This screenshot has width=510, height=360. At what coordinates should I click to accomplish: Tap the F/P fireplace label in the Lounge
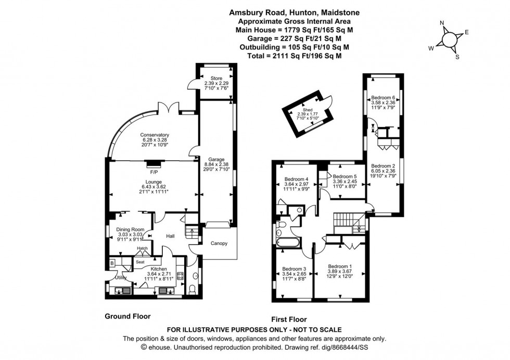click(154, 172)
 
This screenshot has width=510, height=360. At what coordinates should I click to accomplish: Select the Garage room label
click(216, 159)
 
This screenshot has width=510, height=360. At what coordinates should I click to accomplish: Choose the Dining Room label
click(130, 229)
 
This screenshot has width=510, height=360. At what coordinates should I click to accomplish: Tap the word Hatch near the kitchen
click(143, 249)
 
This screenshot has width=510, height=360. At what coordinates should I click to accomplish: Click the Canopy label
click(219, 243)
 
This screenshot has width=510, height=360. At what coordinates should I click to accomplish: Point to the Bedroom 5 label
click(345, 177)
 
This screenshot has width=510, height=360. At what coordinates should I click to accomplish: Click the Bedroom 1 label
click(340, 265)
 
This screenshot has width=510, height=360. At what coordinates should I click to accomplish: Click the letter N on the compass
click(442, 23)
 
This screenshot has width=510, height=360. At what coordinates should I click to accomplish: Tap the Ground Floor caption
click(127, 316)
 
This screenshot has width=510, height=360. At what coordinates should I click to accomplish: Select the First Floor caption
click(289, 319)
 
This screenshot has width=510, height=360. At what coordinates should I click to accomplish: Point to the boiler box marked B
click(112, 262)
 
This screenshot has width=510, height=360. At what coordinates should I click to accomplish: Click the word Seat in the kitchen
click(140, 262)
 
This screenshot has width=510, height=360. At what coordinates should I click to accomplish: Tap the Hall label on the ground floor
click(170, 236)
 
